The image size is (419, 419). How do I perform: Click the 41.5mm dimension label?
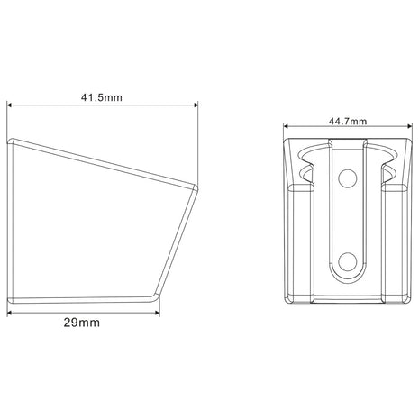coord(102,97)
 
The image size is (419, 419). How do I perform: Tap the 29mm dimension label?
coord(81,323)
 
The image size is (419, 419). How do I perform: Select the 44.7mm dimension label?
coord(348,122)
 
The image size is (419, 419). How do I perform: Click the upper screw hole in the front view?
coord(348,178)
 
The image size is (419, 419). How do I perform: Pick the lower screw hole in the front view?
coord(348,261)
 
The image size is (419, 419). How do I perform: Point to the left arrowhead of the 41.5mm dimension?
coord(9,105)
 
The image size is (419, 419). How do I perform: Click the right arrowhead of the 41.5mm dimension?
coord(196,105)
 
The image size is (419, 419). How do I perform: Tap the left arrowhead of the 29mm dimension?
coord(9,313)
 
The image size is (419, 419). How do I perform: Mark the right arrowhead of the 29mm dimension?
coord(158,313)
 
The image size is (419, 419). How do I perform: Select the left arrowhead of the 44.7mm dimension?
coord(286,126)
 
